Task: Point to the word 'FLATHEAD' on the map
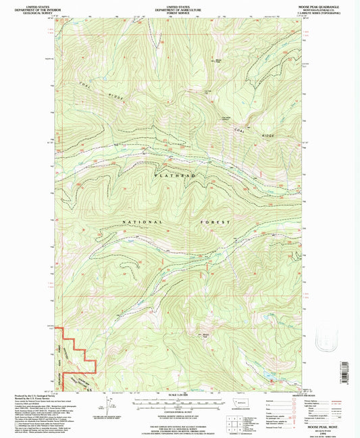[x=177, y=176]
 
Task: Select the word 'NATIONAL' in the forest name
[x=142, y=222]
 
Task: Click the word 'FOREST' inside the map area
[x=214, y=222]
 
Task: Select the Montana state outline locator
[x=240, y=403]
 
